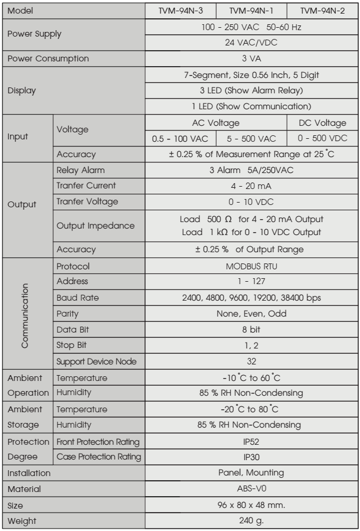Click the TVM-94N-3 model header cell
pos(180,11)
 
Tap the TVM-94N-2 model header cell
pos(322,11)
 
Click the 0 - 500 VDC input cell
pos(322,138)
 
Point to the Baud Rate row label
pos(77,297)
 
